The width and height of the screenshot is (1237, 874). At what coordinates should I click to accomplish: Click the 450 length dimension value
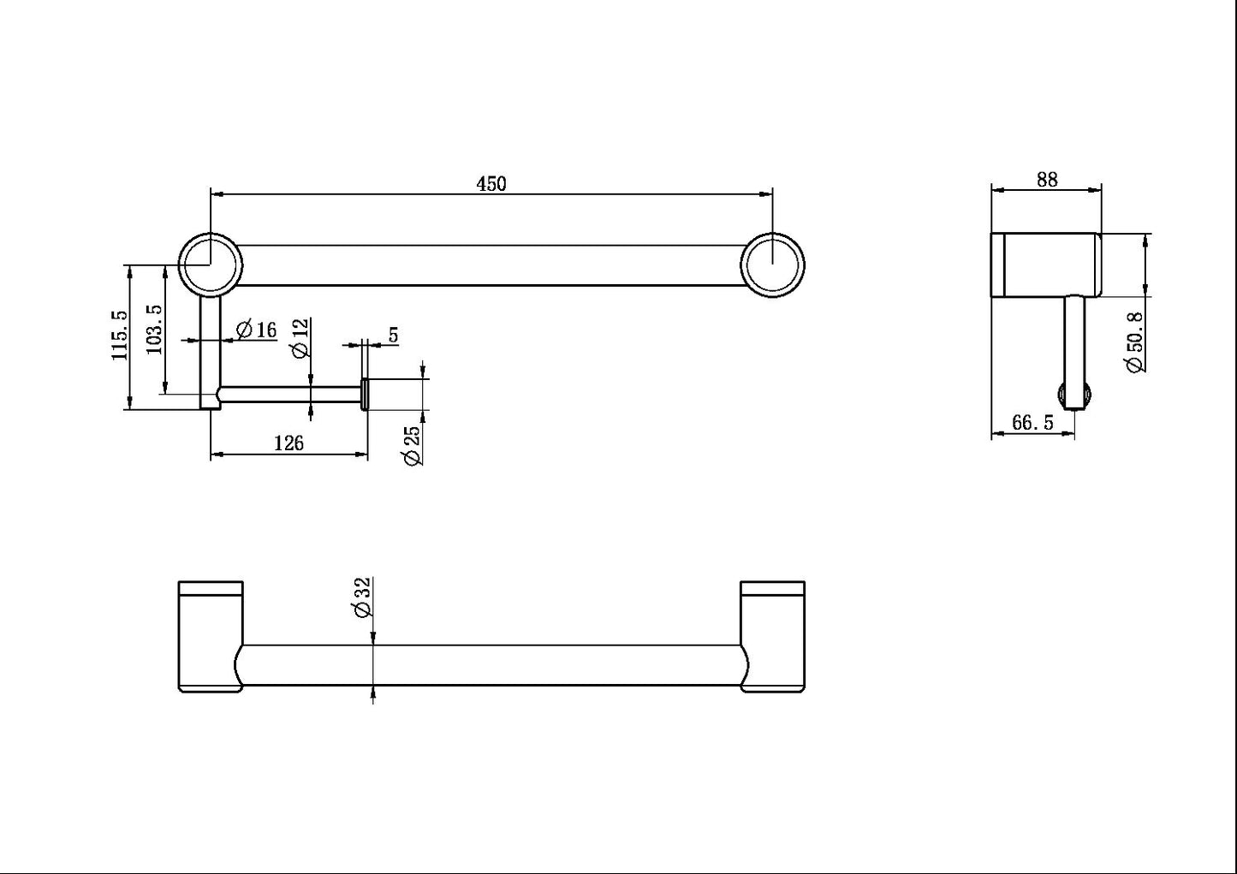point(491,183)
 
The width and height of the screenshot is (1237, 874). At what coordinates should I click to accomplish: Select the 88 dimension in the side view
point(1046,179)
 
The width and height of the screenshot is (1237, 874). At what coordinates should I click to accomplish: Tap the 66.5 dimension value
point(1032,423)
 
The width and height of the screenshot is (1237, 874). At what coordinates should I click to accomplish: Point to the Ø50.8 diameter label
point(1135,342)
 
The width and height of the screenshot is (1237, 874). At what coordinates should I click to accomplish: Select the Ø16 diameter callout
point(255,329)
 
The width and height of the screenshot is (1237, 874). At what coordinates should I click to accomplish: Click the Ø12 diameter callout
point(299,337)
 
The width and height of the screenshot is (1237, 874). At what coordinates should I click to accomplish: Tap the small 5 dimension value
point(393,335)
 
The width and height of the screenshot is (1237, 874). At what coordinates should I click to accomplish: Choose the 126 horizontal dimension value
point(288,443)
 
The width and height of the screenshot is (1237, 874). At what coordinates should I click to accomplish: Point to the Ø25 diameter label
point(412,445)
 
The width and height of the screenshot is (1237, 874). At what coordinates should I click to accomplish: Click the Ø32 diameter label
point(360,597)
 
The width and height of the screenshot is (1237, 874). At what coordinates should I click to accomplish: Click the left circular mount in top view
point(211,265)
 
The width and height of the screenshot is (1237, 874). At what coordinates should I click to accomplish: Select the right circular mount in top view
point(773,265)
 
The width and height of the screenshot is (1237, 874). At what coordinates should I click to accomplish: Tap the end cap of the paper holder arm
point(365,394)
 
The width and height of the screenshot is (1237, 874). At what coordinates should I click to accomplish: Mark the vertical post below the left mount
point(211,351)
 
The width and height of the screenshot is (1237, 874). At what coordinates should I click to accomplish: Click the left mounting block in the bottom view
point(210,636)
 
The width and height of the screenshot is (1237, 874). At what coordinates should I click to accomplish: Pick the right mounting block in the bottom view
point(772,636)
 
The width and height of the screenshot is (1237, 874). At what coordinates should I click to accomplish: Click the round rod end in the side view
point(1074,399)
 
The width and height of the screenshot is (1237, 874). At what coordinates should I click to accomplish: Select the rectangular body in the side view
point(1046,264)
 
